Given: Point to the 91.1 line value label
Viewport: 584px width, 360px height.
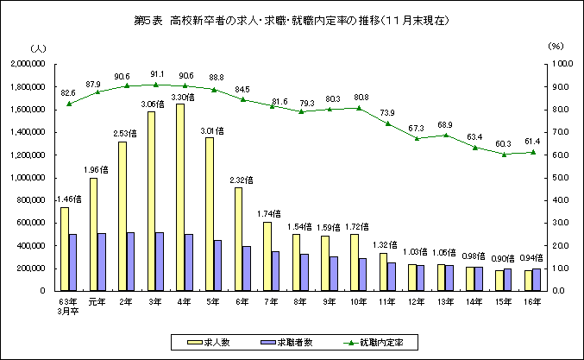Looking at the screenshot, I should click(x=157, y=74).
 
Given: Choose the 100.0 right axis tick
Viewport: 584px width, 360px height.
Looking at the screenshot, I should click(x=558, y=65).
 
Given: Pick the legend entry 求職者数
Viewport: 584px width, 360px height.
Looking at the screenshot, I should click(x=300, y=343).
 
